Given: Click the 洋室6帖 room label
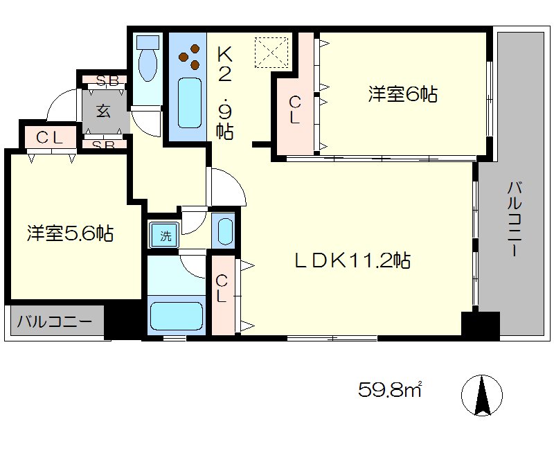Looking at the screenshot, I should click(x=402, y=94).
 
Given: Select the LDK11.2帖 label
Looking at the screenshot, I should click(x=352, y=260).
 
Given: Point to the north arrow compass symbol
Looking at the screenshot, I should click(x=482, y=395).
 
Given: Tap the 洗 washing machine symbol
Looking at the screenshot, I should click(x=166, y=236).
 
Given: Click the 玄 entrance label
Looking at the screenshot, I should click(x=103, y=110).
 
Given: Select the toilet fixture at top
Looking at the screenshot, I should click(x=148, y=62).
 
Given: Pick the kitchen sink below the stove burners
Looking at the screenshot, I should click(x=189, y=103).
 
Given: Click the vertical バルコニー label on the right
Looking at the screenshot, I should click(x=514, y=219).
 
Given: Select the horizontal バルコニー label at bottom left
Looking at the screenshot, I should click(x=55, y=322).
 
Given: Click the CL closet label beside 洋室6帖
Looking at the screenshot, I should click(x=294, y=110).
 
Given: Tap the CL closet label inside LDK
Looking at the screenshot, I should click(x=222, y=289).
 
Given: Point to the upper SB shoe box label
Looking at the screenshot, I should click(x=108, y=81).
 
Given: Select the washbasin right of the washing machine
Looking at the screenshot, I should click(x=224, y=231).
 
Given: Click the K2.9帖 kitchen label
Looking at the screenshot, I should click(x=224, y=90).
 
